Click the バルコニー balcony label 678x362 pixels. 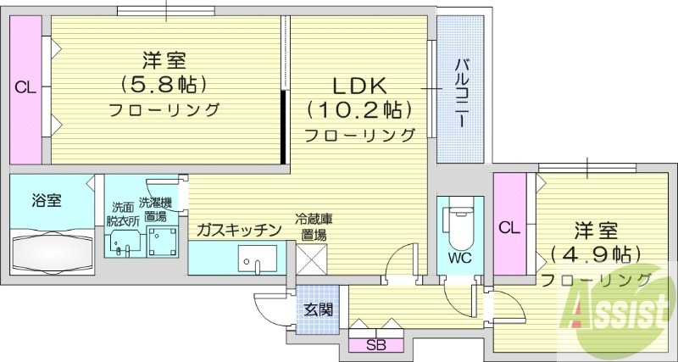pyautogui.click(x=461, y=90)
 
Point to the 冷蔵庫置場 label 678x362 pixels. pyautogui.click(x=314, y=224)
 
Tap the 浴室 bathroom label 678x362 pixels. pyautogui.click(x=46, y=201)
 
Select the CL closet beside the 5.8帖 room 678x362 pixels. pyautogui.click(x=25, y=86)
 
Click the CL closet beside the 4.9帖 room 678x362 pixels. pyautogui.click(x=508, y=226)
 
